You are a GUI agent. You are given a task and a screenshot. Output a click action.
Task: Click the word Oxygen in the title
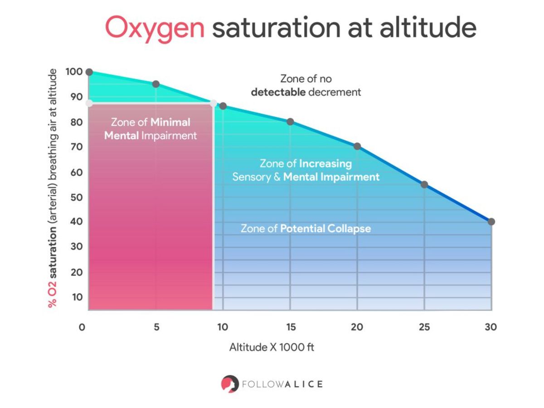pos(155,28)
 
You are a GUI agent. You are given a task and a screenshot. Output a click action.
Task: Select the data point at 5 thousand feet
pos(156,84)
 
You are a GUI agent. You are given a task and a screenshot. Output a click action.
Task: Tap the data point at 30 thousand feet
pos(491,222)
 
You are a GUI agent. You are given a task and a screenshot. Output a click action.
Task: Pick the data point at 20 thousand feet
pos(357,146)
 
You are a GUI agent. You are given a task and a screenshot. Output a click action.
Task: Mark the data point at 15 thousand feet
pos(290,121)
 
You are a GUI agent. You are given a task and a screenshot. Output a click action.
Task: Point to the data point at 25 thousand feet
pos(424,185)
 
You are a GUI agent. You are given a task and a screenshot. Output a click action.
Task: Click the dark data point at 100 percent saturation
pos(89,72)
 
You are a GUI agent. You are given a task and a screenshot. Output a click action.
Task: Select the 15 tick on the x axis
pos(291,327)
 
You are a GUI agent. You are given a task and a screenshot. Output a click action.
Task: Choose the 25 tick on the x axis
pos(424,327)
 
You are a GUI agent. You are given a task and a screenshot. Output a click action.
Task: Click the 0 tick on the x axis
pos(82,327)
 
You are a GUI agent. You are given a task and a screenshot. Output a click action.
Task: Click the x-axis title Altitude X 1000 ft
pos(272,348)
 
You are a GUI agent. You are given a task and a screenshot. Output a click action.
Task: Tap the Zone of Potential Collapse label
pos(306,228)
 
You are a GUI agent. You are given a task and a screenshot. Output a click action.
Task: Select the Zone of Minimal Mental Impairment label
pos(151,129)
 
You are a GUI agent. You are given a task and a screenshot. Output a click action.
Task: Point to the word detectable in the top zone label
pos(278,92)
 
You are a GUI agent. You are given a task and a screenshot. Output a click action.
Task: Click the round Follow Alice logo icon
pos(230,384)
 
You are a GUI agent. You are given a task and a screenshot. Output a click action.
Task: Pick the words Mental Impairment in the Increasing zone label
pos(331,177)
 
